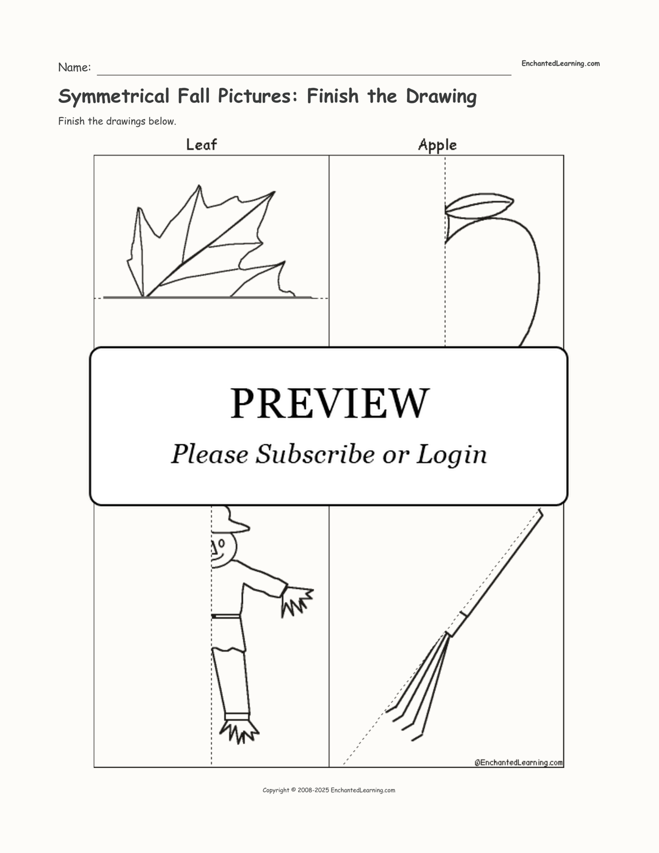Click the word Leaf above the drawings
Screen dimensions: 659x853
click(201, 144)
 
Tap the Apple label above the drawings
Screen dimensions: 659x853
click(437, 145)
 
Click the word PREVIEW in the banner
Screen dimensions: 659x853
click(329, 403)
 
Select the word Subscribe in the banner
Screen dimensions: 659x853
click(315, 454)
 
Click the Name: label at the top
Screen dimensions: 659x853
click(75, 67)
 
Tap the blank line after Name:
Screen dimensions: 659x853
click(304, 74)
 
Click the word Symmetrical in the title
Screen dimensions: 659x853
click(114, 96)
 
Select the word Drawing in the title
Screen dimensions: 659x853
click(441, 96)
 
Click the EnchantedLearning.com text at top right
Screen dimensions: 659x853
click(560, 64)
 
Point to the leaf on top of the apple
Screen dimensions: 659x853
click(479, 205)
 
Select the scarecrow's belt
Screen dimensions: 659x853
click(226, 616)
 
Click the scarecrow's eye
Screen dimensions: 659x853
click(221, 544)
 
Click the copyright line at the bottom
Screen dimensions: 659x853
click(329, 790)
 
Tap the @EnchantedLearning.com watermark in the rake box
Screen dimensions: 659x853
click(518, 763)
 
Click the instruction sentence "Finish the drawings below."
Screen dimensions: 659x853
click(117, 121)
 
